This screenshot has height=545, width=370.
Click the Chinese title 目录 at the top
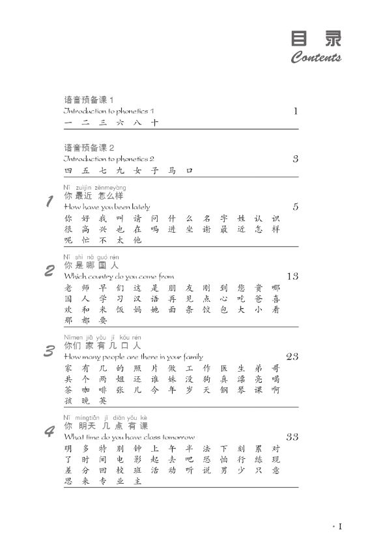[x=316, y=38]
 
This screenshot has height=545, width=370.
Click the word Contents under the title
[x=316, y=58]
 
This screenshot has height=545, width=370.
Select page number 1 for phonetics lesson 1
[x=295, y=111]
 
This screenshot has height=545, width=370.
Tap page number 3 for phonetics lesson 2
[x=295, y=158]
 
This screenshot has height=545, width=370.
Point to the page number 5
[x=295, y=207]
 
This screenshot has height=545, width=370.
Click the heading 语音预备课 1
[x=89, y=100]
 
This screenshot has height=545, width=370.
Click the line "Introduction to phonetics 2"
[x=109, y=158]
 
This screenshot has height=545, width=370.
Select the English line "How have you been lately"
[x=107, y=207]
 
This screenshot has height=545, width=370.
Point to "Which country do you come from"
[x=119, y=276]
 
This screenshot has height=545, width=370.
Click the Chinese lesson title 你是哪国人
[x=92, y=266]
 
